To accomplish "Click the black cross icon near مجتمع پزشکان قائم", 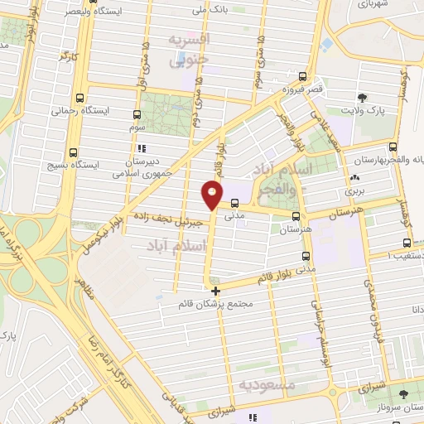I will tap(215, 291).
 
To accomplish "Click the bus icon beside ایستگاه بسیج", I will tap(75, 152).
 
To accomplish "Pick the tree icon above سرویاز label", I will tap(403, 395).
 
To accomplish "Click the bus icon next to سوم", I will tap(137, 115).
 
